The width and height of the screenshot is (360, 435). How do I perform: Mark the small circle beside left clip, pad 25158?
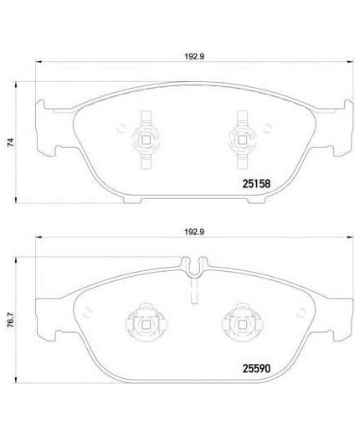click(x=123, y=128)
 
